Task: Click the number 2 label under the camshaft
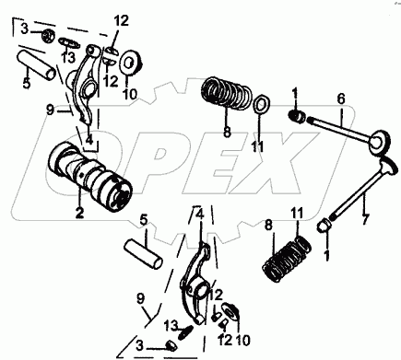pyautogui.click(x=79, y=213)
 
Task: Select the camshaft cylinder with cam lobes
pyautogui.click(x=90, y=177)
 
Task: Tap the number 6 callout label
pyautogui.click(x=341, y=99)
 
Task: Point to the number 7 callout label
pyautogui.click(x=365, y=219)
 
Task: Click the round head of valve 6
pyautogui.click(x=380, y=141)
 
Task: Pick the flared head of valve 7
pyautogui.click(x=388, y=165)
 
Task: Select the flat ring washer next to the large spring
pyautogui.click(x=262, y=105)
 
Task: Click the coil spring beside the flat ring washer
pyautogui.click(x=227, y=92)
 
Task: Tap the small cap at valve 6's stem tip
pyautogui.click(x=297, y=116)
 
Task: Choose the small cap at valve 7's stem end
pyautogui.click(x=324, y=226)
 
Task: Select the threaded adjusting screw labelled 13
pyautogui.click(x=186, y=332)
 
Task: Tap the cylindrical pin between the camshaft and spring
pyautogui.click(x=143, y=254)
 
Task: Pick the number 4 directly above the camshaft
pyautogui.click(x=89, y=140)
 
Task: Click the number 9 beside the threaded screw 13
pyautogui.click(x=141, y=298)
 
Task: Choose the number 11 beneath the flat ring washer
pyautogui.click(x=258, y=147)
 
